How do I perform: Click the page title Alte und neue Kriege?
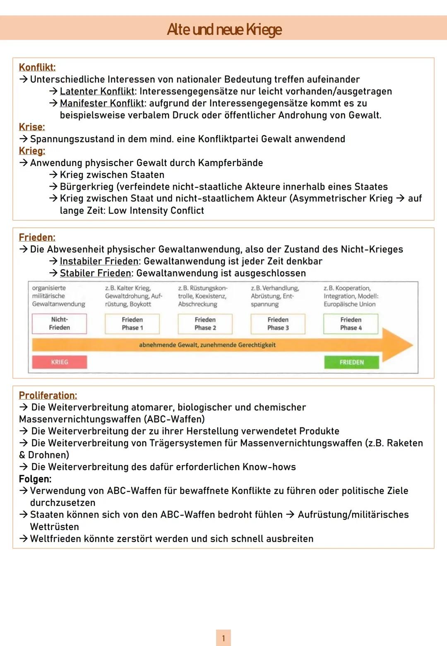(224, 29)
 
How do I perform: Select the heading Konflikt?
(37, 67)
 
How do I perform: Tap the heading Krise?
(32, 127)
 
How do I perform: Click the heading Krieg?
(32, 151)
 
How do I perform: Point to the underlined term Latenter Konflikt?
(97, 91)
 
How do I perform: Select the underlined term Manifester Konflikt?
(102, 103)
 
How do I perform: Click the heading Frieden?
(37, 237)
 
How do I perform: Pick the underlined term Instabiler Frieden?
(99, 261)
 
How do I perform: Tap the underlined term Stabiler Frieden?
(96, 273)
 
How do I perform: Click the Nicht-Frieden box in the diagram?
(59, 323)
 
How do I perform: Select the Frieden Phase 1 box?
(132, 323)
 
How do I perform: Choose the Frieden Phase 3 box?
(278, 323)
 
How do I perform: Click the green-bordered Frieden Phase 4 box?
(351, 323)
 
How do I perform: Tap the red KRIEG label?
(59, 362)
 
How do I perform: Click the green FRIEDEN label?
(351, 362)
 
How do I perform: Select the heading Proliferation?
(48, 395)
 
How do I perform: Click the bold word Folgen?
(35, 479)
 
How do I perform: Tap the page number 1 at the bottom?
(223, 638)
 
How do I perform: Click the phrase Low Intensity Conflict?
(156, 210)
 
